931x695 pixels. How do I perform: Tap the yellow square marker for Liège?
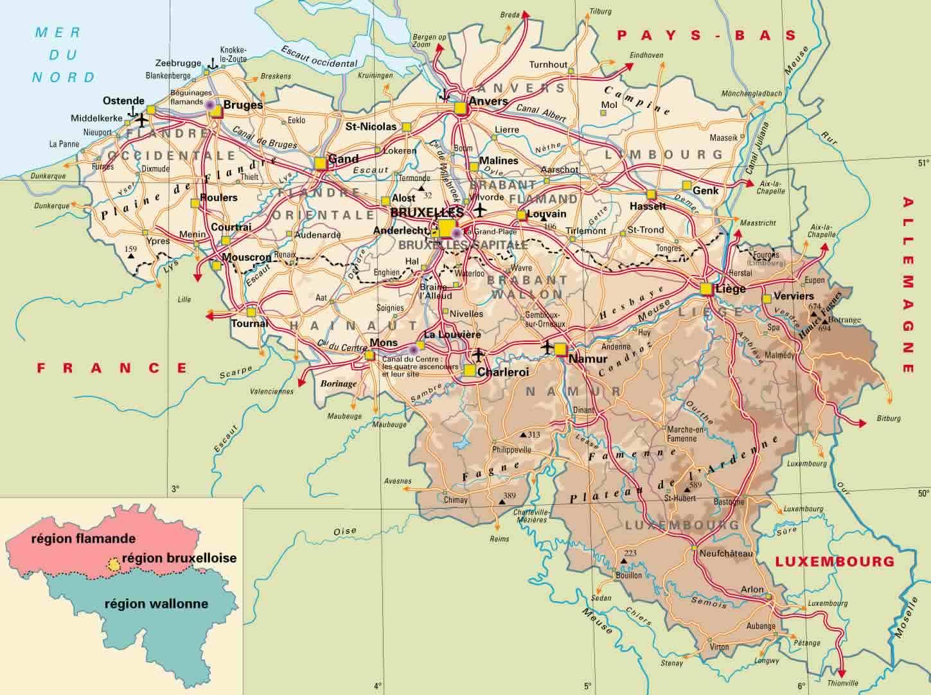pyautogui.click(x=707, y=288)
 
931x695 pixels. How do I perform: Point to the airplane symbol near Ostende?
pyautogui.click(x=141, y=121)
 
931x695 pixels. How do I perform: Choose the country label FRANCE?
pyautogui.click(x=112, y=368)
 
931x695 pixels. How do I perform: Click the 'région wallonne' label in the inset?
pyautogui.click(x=156, y=604)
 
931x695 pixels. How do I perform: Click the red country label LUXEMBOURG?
pyautogui.click(x=835, y=561)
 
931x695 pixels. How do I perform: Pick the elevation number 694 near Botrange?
pyautogui.click(x=824, y=328)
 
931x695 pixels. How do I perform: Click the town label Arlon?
pyautogui.click(x=752, y=589)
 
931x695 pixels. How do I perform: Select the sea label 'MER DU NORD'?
pyautogui.click(x=64, y=55)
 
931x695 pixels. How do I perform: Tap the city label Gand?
pyautogui.click(x=342, y=159)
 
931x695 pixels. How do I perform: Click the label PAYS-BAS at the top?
pyautogui.click(x=706, y=36)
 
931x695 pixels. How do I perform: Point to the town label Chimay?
pyautogui.click(x=456, y=500)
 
